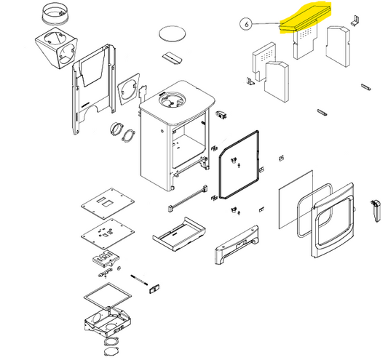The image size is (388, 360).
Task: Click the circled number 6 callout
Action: click(246, 24)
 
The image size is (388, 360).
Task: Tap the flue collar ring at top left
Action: click(55, 14)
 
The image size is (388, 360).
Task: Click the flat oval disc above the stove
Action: click(173, 33)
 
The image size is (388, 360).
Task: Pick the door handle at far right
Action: click(376, 211)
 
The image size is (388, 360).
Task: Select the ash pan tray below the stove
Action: click(179, 234)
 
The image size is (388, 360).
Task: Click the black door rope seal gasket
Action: click(239, 165)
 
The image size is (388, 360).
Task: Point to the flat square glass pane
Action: click(296, 199)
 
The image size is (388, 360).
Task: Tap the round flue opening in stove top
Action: click(171, 100)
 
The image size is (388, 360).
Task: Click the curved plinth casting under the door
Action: click(237, 245)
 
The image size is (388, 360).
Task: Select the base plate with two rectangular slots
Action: click(108, 203)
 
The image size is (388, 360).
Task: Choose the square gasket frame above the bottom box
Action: click(108, 296)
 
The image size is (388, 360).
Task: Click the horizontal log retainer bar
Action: click(188, 198)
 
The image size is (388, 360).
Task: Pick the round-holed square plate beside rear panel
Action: click(129, 89)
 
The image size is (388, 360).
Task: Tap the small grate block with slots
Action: click(106, 259)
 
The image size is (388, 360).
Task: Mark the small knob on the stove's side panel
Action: click(162, 131)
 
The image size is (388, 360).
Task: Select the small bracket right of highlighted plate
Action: click(355, 20)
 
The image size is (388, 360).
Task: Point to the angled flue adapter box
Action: click(57, 50)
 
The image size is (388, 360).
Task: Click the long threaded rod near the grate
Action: click(139, 280)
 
